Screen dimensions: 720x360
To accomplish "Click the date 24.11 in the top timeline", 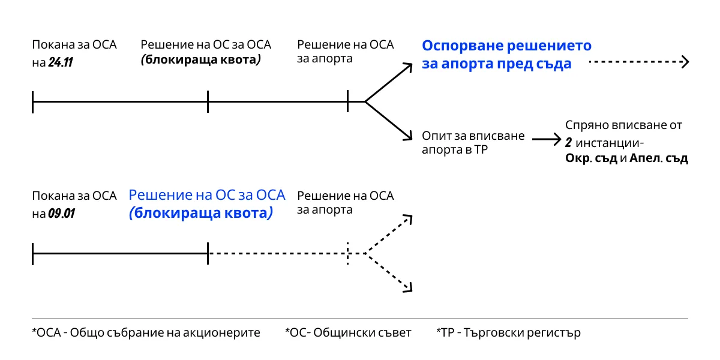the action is [61, 62].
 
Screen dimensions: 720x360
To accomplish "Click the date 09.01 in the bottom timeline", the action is [61, 213].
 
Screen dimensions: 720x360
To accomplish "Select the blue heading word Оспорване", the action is [462, 46].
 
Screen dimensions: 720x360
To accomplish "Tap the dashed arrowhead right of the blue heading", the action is [685, 62].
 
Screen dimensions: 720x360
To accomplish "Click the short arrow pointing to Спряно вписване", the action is [547, 139].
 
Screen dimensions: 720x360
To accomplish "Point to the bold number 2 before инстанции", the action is [569, 142].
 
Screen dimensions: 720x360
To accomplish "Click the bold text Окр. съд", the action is [591, 158].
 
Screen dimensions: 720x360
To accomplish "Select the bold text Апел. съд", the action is [659, 158].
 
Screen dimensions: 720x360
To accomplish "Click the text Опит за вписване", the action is [473, 136].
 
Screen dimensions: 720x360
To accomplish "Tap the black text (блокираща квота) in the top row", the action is [200, 59].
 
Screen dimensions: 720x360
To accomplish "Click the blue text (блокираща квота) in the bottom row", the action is [201, 213].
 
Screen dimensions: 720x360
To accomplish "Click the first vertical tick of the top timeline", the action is [33, 102].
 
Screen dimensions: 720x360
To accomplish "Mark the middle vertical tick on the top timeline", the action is [208, 101].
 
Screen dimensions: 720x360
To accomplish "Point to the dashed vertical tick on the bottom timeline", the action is [348, 253].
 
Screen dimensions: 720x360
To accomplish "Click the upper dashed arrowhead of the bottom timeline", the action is [409, 219].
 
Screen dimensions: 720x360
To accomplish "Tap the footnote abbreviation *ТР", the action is [445, 332].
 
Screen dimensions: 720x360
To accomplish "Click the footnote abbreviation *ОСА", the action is [47, 332].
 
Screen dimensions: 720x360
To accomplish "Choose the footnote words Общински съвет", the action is [362, 332].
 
